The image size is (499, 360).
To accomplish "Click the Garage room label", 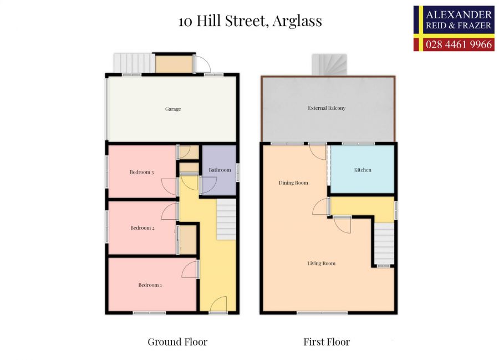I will click(x=173, y=109).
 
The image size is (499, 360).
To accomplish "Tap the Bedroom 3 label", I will click(x=141, y=172).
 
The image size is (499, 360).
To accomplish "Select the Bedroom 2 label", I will click(x=142, y=227).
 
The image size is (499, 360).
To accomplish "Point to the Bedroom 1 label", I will click(x=150, y=285).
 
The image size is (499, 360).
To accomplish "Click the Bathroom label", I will click(x=220, y=170).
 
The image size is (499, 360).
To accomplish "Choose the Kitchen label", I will click(x=363, y=170).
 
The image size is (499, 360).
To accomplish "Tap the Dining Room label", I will click(x=293, y=182).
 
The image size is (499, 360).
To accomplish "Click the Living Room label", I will click(x=322, y=263).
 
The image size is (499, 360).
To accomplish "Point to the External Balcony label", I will click(x=327, y=108).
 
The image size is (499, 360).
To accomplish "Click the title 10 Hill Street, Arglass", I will click(x=250, y=22).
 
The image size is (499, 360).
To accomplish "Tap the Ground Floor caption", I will click(x=177, y=342).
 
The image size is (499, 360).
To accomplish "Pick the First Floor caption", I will click(x=327, y=342).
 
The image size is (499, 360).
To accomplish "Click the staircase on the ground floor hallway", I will click(x=226, y=220).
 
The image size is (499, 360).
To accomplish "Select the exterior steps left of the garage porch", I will click(x=133, y=63).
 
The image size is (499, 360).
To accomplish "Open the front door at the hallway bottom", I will click(x=218, y=305).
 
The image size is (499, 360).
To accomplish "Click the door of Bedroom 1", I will click(x=191, y=269).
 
